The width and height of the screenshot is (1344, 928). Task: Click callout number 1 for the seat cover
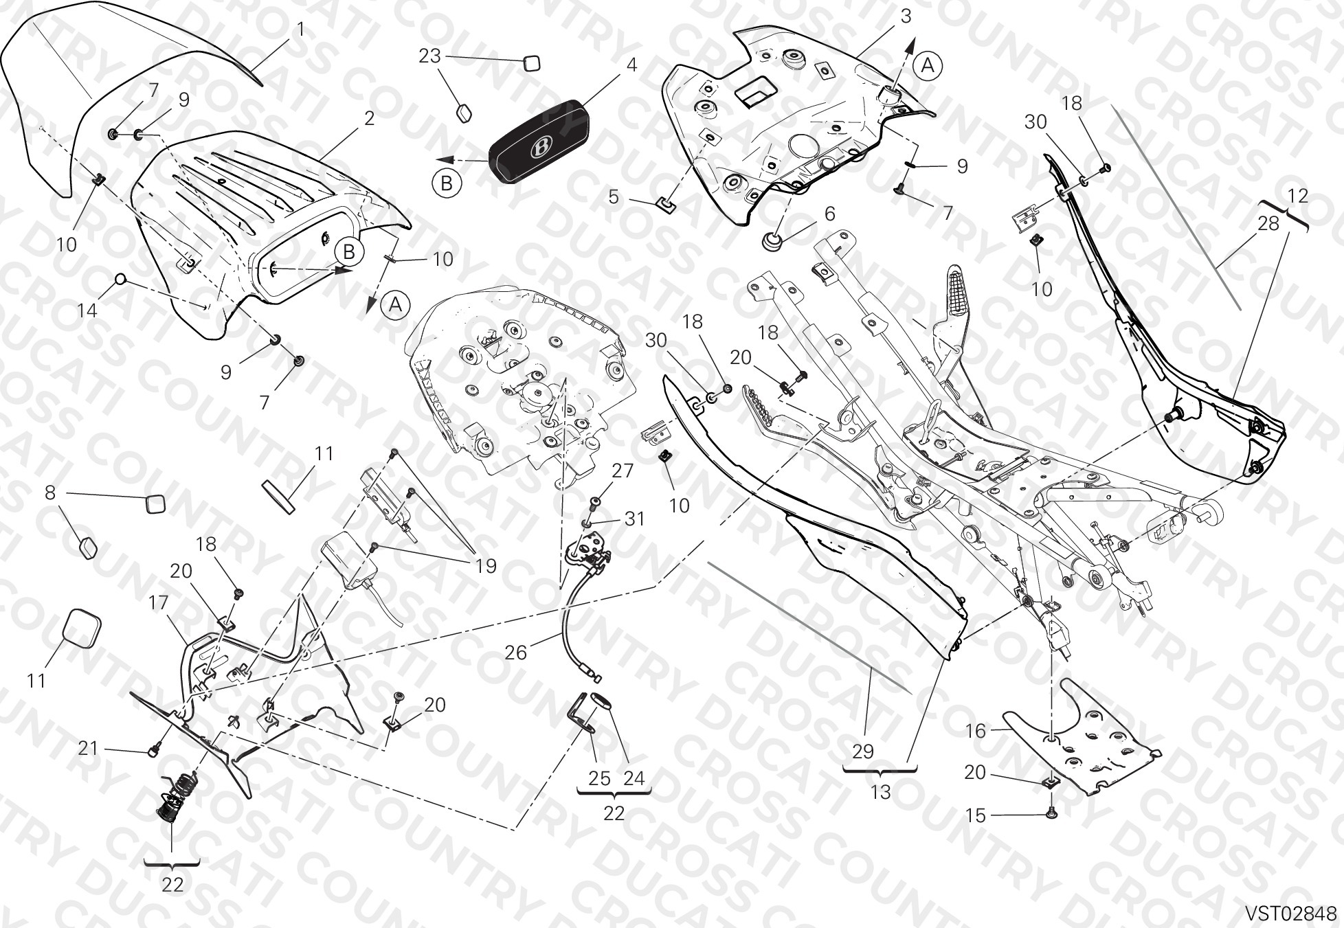[300, 30]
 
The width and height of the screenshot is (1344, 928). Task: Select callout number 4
[631, 65]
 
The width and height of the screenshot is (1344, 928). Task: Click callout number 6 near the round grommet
[830, 214]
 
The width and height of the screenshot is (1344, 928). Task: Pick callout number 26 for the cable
[515, 652]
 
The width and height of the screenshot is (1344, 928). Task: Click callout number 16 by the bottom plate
[976, 731]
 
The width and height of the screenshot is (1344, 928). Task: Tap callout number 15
[975, 815]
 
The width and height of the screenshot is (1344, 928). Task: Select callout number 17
[158, 603]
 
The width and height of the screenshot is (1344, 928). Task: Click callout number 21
[88, 748]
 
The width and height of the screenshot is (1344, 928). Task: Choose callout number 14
[87, 311]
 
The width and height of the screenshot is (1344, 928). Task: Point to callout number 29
[863, 751]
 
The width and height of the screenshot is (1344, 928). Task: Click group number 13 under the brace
[880, 792]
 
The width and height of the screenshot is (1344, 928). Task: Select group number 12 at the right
[1298, 196]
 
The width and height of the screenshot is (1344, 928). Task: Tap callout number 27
[623, 471]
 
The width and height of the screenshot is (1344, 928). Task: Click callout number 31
[634, 519]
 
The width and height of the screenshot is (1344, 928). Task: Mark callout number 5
[614, 197]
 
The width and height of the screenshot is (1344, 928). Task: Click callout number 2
[369, 118]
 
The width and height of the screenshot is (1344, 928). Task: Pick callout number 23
[429, 56]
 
